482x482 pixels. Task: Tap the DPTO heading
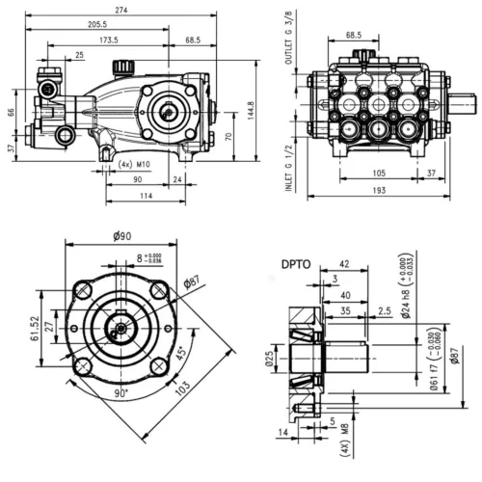click(295, 261)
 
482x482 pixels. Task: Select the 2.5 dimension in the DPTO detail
click(384, 312)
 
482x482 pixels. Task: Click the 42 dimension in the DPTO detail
click(345, 263)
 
